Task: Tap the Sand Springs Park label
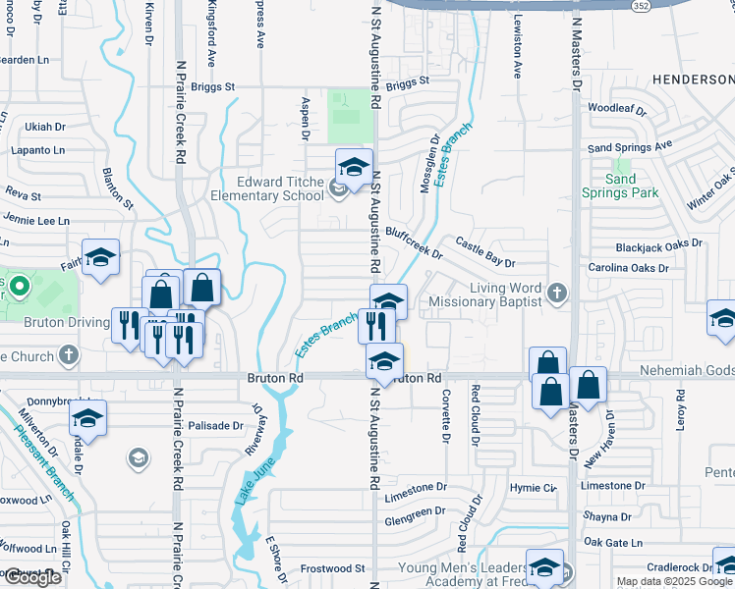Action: tap(619, 187)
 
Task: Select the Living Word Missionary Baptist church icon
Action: tap(557, 292)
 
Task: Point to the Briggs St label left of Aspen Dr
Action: tap(213, 87)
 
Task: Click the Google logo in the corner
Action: tap(31, 578)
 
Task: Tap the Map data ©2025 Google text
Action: tap(674, 581)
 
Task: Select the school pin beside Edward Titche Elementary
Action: tap(355, 168)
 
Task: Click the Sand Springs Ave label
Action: tap(630, 146)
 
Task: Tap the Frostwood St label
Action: tap(332, 568)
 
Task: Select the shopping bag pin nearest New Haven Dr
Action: tap(589, 387)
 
